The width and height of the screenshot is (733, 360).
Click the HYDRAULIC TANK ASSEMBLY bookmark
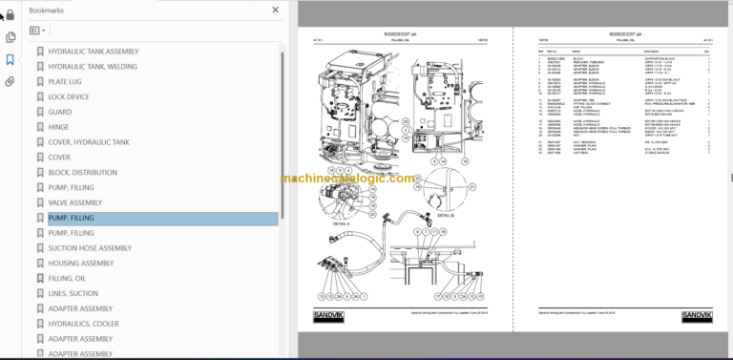pyautogui.click(x=93, y=51)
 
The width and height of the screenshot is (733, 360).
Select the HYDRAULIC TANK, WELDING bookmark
pyautogui.click(x=93, y=66)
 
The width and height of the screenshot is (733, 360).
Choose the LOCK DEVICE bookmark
pyautogui.click(x=69, y=96)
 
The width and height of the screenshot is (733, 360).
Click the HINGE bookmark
pyautogui.click(x=58, y=127)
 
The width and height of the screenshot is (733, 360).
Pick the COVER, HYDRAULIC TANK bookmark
pyautogui.click(x=89, y=142)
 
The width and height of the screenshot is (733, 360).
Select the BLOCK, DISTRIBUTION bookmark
pyautogui.click(x=83, y=172)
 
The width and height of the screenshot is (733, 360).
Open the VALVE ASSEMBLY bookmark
pyautogui.click(x=74, y=202)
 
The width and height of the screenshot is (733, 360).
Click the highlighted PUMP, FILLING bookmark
pyautogui.click(x=72, y=218)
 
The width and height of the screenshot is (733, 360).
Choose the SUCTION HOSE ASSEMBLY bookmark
pyautogui.click(x=90, y=248)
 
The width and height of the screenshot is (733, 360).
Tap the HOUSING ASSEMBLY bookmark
pyautogui.click(x=80, y=264)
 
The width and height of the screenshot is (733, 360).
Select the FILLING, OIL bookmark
pyautogui.click(x=67, y=279)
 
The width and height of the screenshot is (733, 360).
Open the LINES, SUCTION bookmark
pyautogui.click(x=73, y=294)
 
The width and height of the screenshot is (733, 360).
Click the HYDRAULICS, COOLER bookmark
pyautogui.click(x=83, y=324)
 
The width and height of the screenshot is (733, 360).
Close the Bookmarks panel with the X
pyautogui.click(x=276, y=10)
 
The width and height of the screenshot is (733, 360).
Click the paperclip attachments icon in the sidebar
pyautogui.click(x=10, y=81)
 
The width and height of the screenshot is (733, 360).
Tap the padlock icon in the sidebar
pyautogui.click(x=10, y=13)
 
